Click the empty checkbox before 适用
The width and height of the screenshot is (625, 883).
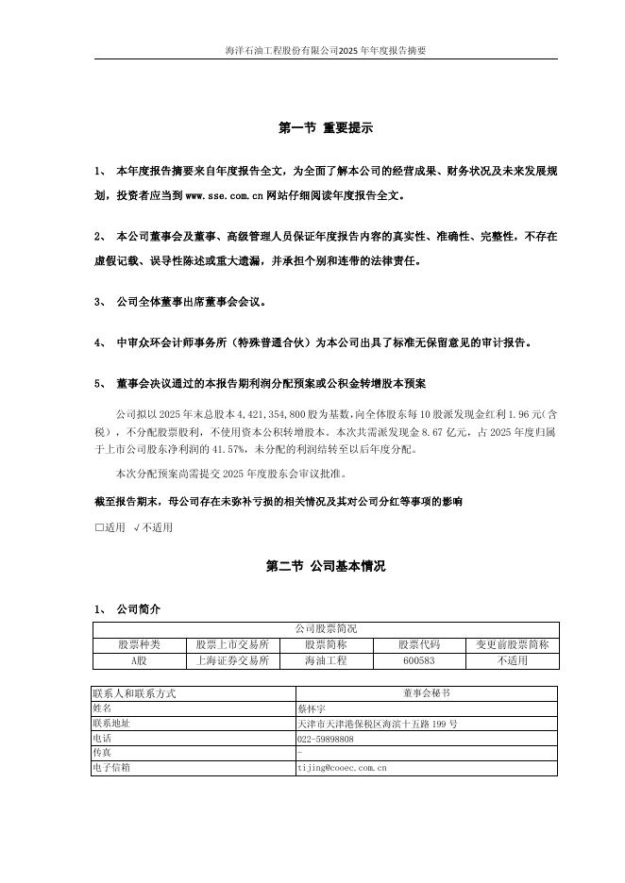(x=99, y=527)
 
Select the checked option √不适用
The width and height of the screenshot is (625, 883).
(x=154, y=527)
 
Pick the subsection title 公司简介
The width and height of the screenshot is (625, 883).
(x=138, y=608)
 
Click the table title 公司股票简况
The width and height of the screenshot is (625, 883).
(x=326, y=628)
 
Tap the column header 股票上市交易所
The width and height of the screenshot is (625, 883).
(x=232, y=644)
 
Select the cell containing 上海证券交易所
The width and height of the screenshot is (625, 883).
(x=232, y=660)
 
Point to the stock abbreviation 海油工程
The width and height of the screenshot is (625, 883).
(x=326, y=660)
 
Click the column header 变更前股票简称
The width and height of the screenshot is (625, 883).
(x=512, y=644)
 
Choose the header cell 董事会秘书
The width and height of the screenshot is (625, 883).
(x=425, y=692)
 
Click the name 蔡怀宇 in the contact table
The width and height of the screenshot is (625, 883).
(x=311, y=708)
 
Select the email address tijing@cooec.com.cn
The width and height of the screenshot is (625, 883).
(x=342, y=768)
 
